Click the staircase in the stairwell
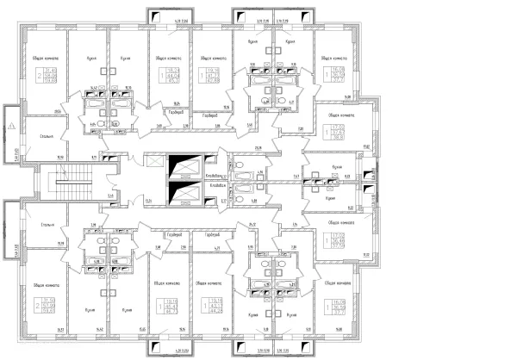tap(67, 181)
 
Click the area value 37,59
tap(339, 245)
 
